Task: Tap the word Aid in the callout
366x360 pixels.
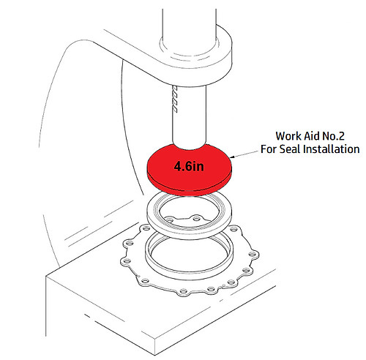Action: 316,135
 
